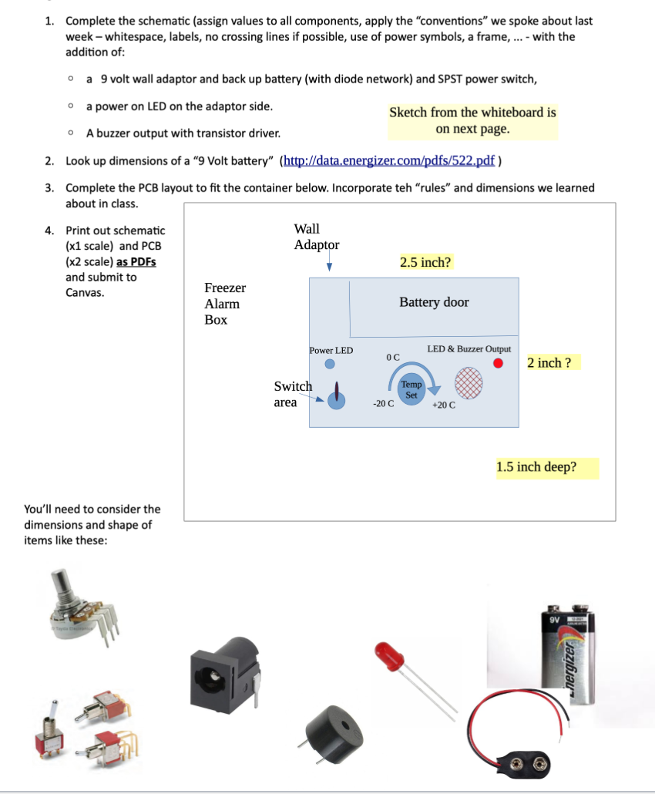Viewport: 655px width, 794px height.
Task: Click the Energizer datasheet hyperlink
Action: point(392,161)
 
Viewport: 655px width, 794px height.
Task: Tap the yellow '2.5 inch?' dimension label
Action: point(425,262)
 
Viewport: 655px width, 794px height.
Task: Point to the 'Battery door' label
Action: point(434,302)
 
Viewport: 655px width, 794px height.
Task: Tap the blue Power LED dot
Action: point(329,364)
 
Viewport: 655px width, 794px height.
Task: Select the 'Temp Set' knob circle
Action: point(411,389)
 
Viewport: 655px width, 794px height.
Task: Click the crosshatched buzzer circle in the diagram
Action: point(469,382)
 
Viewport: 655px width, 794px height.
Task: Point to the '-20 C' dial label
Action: point(383,403)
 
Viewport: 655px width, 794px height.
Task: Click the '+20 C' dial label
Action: point(444,405)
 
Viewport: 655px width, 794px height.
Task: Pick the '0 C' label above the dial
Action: point(393,357)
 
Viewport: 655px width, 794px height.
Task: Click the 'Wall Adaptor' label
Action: point(316,237)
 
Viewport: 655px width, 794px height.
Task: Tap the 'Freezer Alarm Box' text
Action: point(224,304)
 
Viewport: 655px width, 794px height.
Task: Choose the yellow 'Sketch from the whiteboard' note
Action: point(472,120)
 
